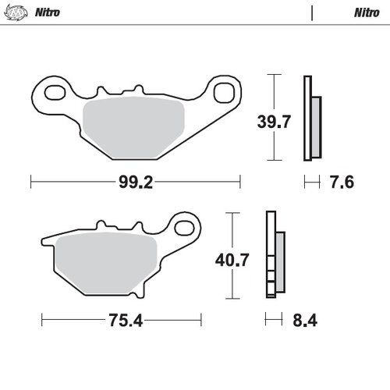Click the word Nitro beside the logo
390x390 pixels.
point(48,12)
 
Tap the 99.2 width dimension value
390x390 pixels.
point(134,183)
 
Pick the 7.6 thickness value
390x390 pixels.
point(342,183)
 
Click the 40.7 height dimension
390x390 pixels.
point(234,260)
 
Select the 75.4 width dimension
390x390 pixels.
point(120,321)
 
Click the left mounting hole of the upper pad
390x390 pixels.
point(55,93)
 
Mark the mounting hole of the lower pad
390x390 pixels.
point(186,228)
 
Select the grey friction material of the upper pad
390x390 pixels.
point(133,125)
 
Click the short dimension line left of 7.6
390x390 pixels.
point(312,183)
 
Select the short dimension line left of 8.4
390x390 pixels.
point(273,320)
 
